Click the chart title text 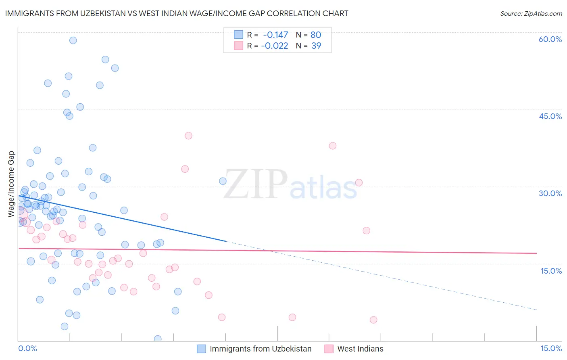click(177, 13)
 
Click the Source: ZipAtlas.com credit click(531, 14)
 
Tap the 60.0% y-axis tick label click(550, 39)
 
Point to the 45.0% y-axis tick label click(550, 116)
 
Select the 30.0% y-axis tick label click(550, 193)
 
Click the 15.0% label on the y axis click(551, 271)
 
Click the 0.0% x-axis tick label click(27, 349)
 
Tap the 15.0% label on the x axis click(551, 349)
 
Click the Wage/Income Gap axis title click(11, 184)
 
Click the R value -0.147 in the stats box click(275, 35)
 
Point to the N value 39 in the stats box click(316, 46)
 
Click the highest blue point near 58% click(73, 40)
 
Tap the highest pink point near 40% click(188, 136)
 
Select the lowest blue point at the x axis click(158, 339)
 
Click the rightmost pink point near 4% click(373, 320)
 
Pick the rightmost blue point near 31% click(223, 181)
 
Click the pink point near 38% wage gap click(333, 146)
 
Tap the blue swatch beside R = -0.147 click(238, 35)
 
